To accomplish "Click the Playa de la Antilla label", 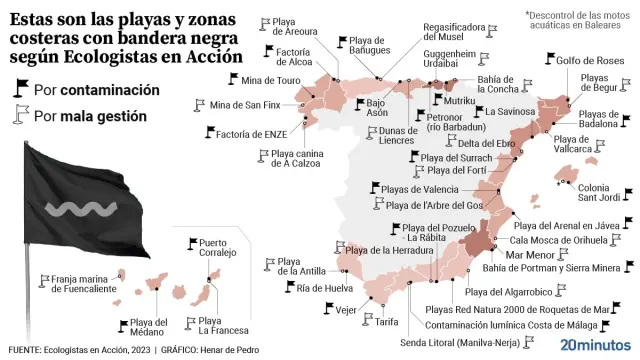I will tap(300, 266).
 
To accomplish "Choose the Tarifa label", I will tap(387, 322).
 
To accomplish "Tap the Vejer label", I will tap(347, 310).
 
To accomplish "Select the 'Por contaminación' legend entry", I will tap(96, 90).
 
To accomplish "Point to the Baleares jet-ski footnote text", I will tap(579, 20).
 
